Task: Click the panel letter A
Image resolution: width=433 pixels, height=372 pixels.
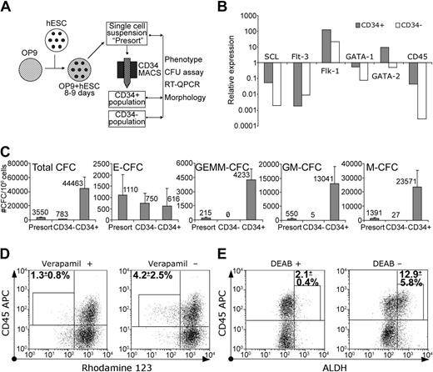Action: (7, 8)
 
